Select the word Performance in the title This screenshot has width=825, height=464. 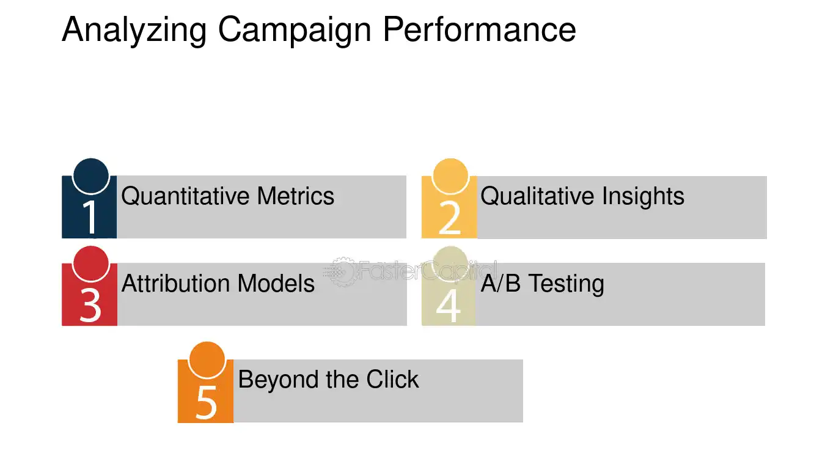pos(479,29)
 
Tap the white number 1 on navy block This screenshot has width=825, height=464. pos(90,217)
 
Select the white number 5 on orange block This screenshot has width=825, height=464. pos(206,402)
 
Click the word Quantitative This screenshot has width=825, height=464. pos(186,196)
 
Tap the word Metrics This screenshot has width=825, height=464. pos(296,196)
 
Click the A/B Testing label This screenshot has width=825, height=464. pos(542,284)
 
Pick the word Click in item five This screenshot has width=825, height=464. pos(392,380)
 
